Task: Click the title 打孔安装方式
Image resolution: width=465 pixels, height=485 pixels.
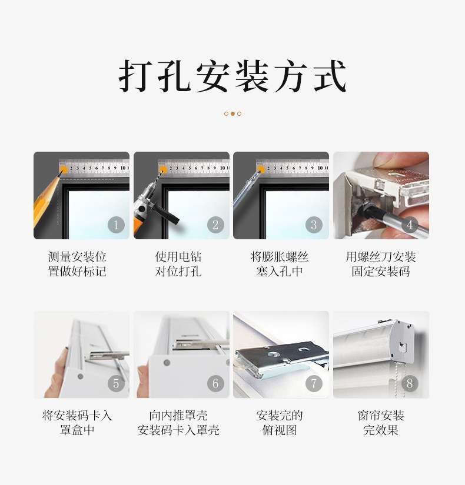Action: [x=232, y=76]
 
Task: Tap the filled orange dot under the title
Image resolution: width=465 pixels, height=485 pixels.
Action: [x=232, y=113]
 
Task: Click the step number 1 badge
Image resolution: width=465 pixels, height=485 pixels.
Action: [x=116, y=225]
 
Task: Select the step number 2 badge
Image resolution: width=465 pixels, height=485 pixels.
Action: [x=215, y=225]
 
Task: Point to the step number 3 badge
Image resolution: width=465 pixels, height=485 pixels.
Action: [x=314, y=225]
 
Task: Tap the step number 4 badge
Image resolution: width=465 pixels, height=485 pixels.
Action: [x=409, y=225]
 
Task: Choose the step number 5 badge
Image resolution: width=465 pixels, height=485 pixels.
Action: [x=116, y=384]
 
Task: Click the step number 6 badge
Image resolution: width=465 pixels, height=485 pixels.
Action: [x=215, y=384]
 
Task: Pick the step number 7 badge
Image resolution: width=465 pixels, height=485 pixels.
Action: [x=314, y=384]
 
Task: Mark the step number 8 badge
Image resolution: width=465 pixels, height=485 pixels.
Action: [x=409, y=384]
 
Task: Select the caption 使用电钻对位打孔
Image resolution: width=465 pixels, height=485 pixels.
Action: [x=178, y=264]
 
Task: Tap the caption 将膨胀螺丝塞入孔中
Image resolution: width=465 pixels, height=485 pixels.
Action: [x=280, y=264]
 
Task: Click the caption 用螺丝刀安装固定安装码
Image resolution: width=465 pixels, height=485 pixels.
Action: [x=381, y=264]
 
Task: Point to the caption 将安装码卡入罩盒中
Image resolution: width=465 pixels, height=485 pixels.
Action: [x=77, y=423]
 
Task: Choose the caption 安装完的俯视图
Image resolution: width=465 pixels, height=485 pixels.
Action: [x=280, y=423]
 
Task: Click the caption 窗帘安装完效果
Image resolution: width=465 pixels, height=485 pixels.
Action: [x=381, y=423]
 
